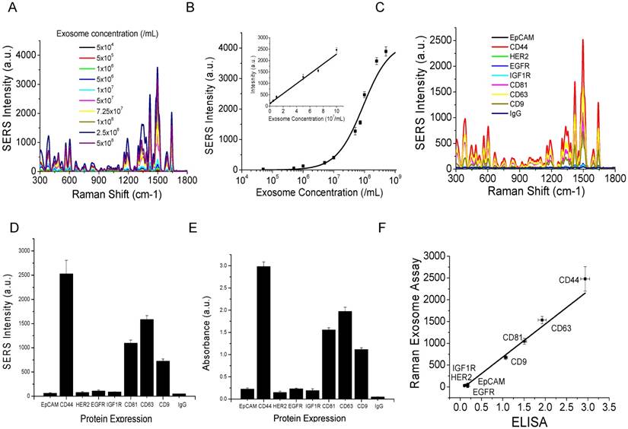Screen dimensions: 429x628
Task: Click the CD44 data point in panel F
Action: (585, 278)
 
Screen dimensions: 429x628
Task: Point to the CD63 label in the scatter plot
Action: (562, 329)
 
